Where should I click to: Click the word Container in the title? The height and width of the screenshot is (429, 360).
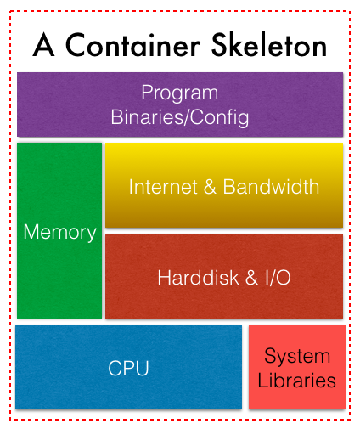click(133, 44)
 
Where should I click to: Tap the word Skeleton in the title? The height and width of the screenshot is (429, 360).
click(269, 44)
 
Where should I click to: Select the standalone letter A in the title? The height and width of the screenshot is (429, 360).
click(43, 44)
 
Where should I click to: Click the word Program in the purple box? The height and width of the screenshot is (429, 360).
click(180, 93)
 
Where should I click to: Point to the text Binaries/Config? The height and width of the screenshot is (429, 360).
click(180, 117)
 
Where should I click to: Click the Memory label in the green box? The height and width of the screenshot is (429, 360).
click(59, 233)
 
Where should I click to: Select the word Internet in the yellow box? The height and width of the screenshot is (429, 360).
click(163, 187)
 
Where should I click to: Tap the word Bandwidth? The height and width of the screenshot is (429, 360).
click(271, 187)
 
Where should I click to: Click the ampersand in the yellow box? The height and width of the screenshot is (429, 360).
click(210, 187)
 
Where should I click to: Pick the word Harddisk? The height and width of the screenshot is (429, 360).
click(198, 278)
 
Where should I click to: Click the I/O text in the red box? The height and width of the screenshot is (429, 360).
click(278, 278)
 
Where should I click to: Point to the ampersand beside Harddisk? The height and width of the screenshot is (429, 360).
click(251, 278)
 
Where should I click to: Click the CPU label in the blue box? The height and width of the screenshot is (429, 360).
click(128, 368)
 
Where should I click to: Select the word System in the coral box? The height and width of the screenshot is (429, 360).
click(297, 356)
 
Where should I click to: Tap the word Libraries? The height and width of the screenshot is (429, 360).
click(297, 380)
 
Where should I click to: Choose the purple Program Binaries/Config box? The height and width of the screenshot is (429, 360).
click(180, 104)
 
